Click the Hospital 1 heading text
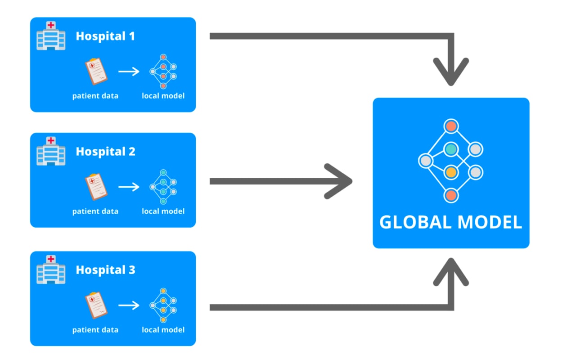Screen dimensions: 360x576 [105, 36]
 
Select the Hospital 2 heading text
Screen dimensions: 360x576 [105, 152]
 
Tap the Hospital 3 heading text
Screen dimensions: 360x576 [105, 270]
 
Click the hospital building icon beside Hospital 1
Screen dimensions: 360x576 [51, 35]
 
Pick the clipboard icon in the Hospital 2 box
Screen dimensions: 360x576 [96, 187]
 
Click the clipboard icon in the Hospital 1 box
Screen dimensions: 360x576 [96, 72]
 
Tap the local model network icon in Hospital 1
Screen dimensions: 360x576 [163, 72]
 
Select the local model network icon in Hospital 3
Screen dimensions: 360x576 [163, 305]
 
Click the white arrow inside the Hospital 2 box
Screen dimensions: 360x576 [129, 187]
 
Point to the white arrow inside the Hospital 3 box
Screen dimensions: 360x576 [129, 305]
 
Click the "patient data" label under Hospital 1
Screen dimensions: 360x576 [95, 96]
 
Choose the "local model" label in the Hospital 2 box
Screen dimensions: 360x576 [163, 211]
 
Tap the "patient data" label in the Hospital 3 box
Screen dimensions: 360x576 [95, 330]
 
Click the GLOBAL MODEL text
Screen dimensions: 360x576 [451, 222]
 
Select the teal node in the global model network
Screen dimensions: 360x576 [451, 149]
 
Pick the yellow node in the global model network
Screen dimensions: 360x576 [451, 172]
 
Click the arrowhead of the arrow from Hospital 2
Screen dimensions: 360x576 [340, 181]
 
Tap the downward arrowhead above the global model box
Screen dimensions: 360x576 [451, 72]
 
